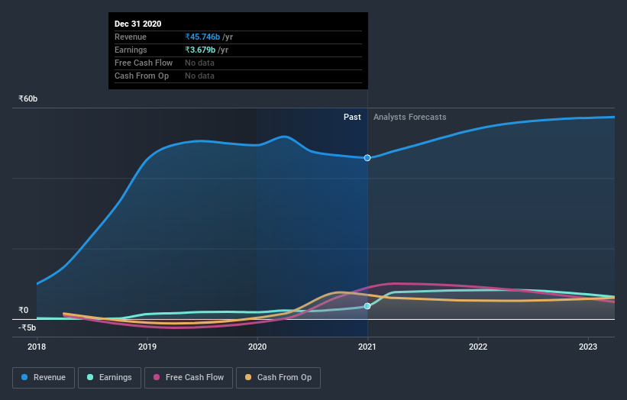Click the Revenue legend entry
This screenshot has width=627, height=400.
point(44,377)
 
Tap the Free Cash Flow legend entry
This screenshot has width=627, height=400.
point(187,377)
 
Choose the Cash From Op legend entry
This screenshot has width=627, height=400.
point(279,377)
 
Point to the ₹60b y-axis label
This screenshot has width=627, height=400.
point(28,99)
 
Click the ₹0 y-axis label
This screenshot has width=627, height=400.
point(23,310)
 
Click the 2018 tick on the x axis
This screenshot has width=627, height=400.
point(37,346)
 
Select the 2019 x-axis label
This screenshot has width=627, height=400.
point(147,346)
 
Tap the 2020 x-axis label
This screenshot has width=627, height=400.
point(257,346)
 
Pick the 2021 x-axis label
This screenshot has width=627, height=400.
point(367,346)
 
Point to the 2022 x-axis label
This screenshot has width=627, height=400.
point(478,346)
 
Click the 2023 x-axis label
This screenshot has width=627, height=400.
point(588,346)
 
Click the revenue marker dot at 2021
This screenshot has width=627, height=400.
point(367,158)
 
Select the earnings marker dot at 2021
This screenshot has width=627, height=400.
point(367,306)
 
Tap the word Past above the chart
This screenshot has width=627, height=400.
point(352,117)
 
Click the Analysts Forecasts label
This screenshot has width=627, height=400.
point(409,117)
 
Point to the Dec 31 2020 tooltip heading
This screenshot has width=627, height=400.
point(137,24)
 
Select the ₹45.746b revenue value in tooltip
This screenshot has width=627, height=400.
point(202,37)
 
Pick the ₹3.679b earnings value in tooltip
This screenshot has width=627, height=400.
point(200,50)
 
